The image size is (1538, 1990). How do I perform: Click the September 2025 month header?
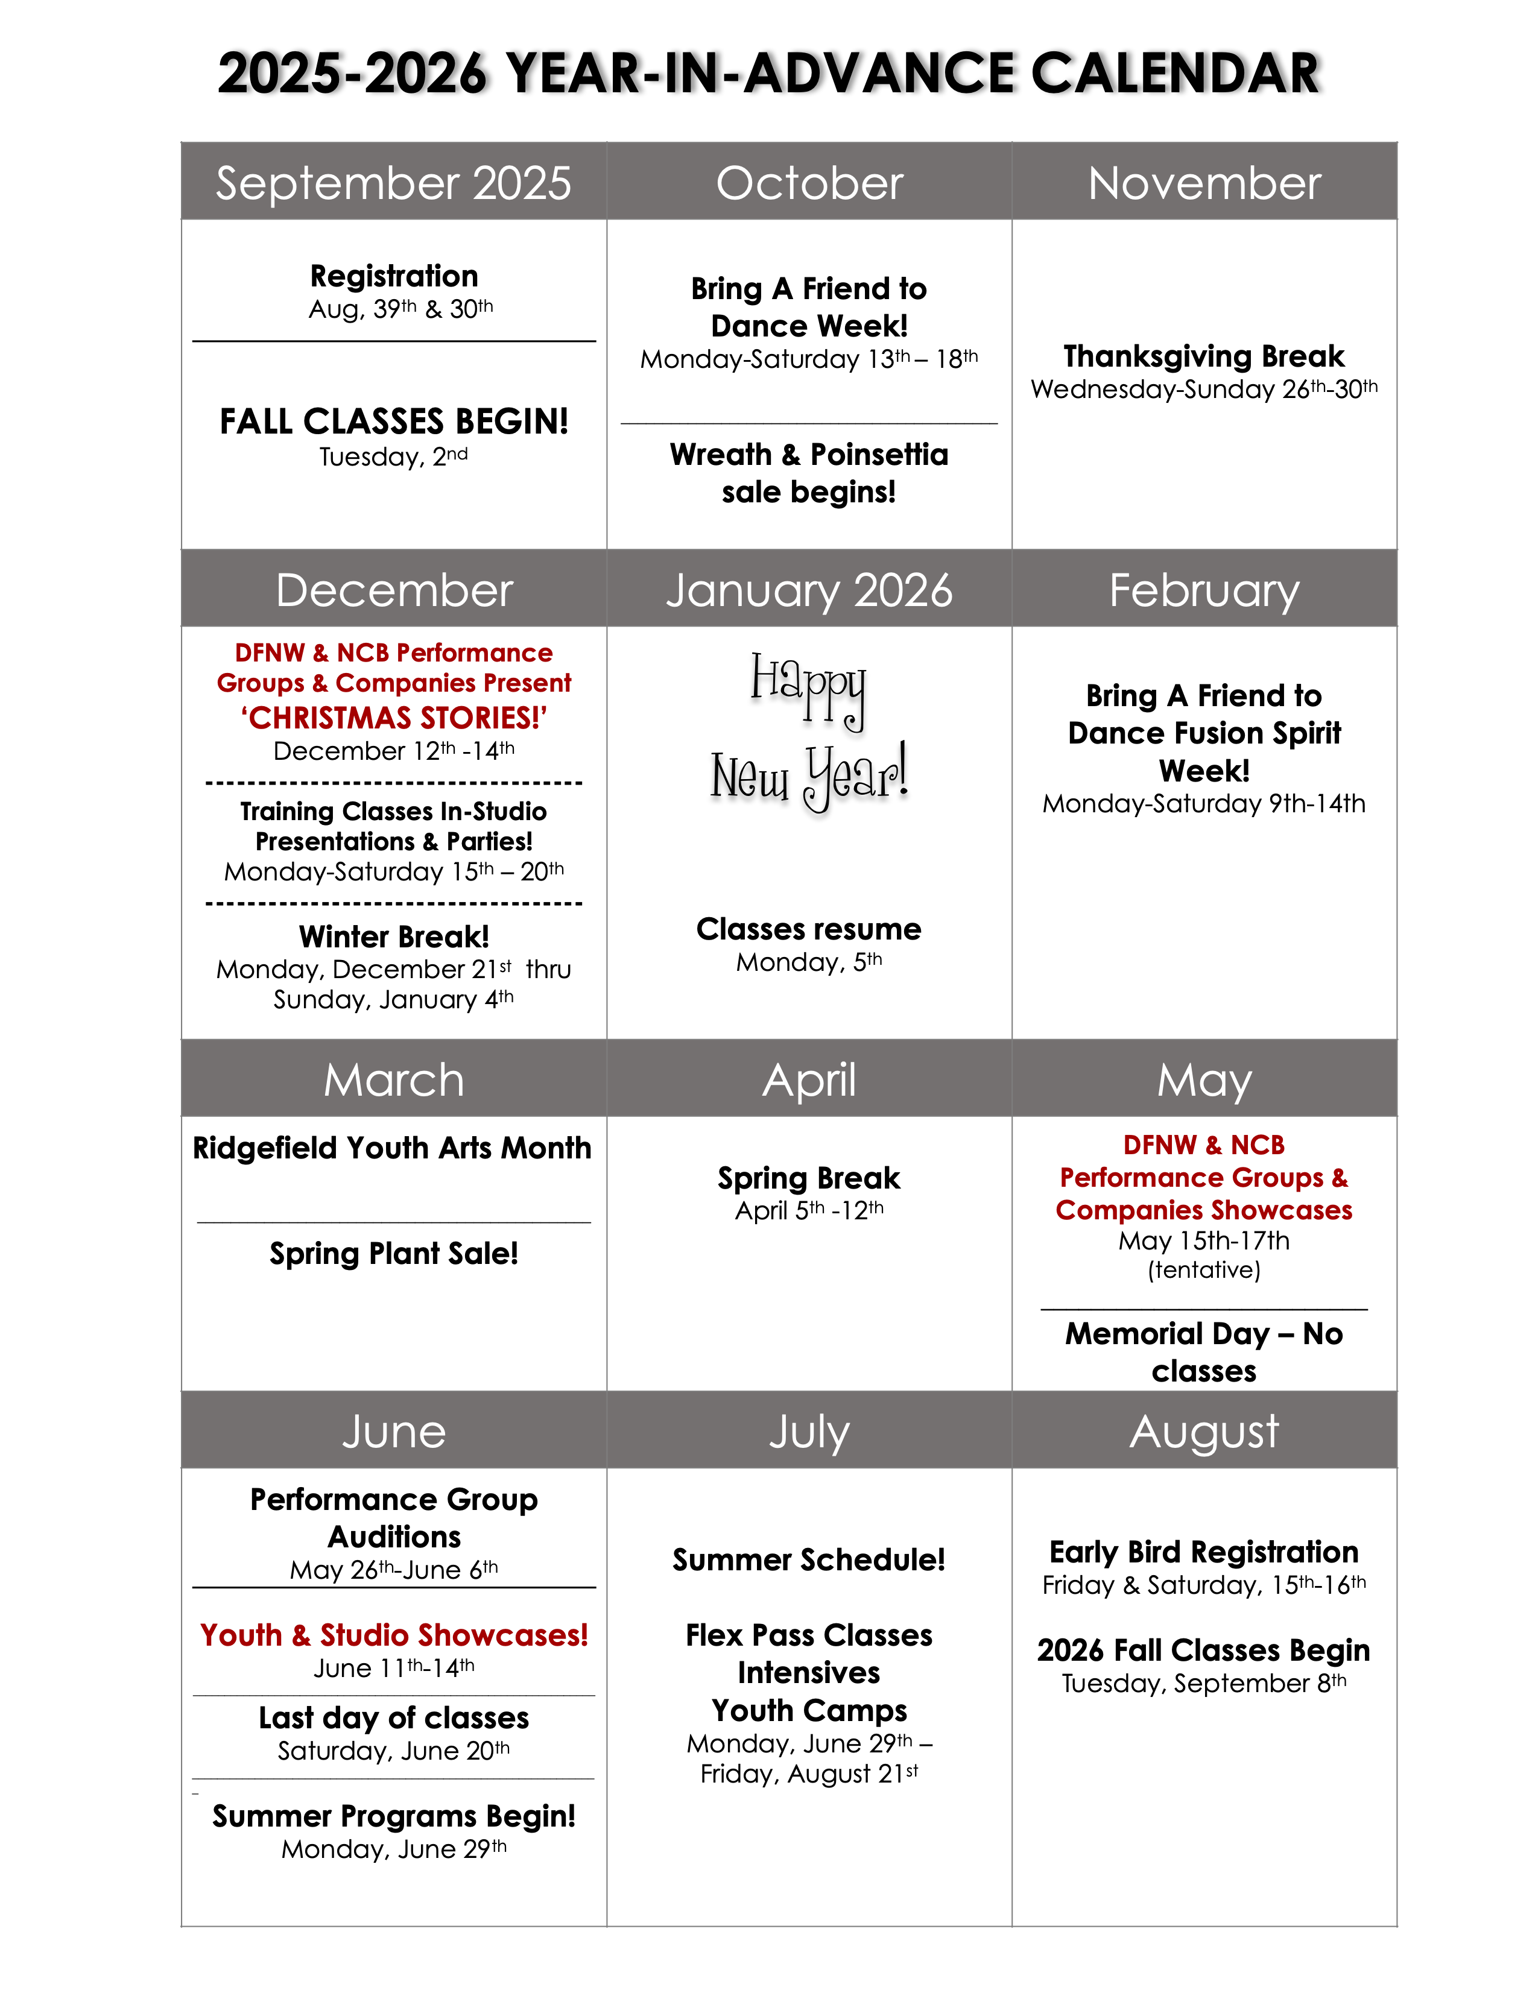tap(394, 183)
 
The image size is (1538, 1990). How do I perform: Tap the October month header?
tap(809, 183)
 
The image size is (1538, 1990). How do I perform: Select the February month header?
tap(1204, 590)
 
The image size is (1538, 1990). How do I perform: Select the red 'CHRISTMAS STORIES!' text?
tap(394, 718)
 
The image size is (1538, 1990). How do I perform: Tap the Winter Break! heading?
tap(394, 937)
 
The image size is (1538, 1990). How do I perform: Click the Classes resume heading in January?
tap(809, 929)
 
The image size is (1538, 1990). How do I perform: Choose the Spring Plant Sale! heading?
tap(394, 1254)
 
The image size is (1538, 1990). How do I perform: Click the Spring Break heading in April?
tap(809, 1178)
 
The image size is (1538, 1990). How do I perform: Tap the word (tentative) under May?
tap(1204, 1270)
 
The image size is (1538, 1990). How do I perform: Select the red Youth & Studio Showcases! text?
tap(394, 1635)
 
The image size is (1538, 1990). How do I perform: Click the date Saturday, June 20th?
tap(394, 1751)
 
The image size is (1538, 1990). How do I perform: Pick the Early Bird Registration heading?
tap(1204, 1552)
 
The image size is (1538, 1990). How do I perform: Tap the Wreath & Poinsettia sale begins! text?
tap(809, 473)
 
